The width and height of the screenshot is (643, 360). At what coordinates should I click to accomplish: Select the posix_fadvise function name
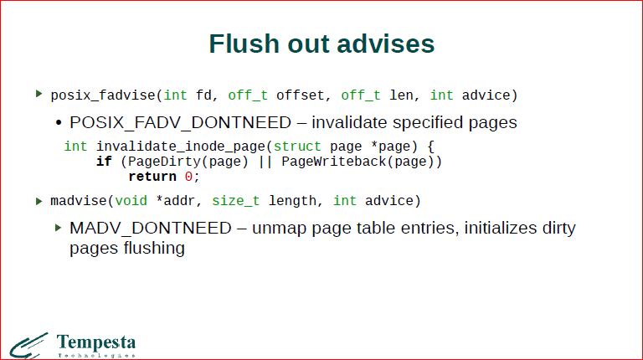point(100,95)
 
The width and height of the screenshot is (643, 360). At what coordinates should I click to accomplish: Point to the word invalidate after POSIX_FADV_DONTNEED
point(350,122)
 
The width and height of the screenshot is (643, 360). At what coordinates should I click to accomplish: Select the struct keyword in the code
point(297,146)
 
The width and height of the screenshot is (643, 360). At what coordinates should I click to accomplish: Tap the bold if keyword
point(104,161)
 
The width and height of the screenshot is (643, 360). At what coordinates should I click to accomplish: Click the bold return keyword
point(152,176)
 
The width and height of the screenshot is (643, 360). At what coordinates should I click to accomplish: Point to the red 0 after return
point(188,176)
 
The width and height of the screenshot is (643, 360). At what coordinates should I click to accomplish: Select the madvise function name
point(80,201)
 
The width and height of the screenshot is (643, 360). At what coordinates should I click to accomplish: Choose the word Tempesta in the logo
point(95,342)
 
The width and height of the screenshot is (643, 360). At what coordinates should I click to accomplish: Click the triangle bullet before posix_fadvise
point(39,94)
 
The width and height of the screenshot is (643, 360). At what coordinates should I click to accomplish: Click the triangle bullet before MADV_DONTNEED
point(59,228)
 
